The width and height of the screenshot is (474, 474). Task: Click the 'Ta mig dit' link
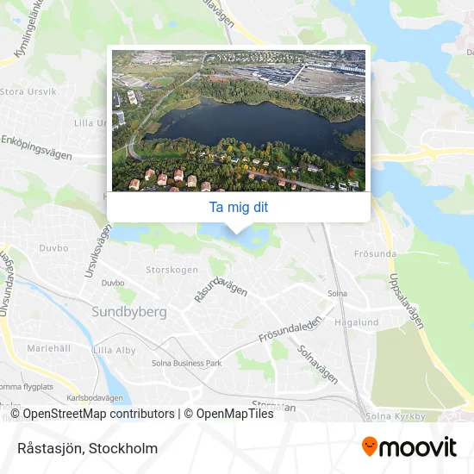(x=238, y=207)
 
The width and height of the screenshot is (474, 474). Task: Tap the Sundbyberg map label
(x=129, y=312)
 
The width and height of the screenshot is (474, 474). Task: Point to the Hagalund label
(x=355, y=322)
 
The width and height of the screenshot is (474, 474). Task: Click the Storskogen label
(x=171, y=270)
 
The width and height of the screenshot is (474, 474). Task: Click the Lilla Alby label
(x=114, y=350)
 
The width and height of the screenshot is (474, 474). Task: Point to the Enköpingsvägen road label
(x=35, y=140)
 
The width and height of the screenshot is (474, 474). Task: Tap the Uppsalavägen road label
(x=407, y=300)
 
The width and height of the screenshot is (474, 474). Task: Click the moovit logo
(x=409, y=447)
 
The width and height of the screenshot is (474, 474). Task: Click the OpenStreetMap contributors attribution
(x=94, y=414)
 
